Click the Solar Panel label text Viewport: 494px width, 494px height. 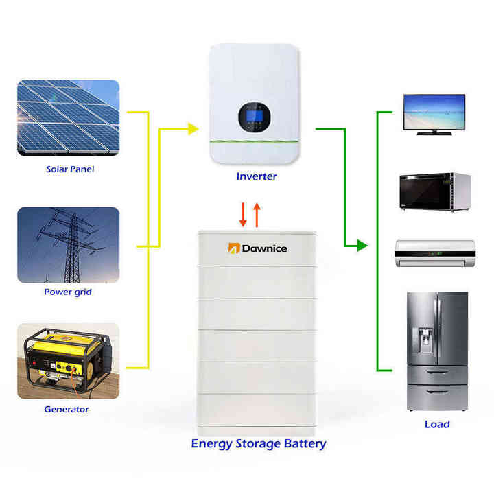tap(70, 169)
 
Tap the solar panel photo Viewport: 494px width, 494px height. tap(68, 118)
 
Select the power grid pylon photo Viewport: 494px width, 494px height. tap(68, 245)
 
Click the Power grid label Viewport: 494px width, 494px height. tap(68, 292)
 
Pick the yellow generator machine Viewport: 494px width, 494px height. tap(65, 360)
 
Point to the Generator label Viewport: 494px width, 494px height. tap(67, 410)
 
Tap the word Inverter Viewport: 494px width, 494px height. tap(257, 176)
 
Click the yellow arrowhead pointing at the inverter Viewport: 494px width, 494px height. tap(193, 128)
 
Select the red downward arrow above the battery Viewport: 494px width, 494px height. tap(243, 214)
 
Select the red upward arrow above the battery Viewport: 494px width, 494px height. tap(257, 214)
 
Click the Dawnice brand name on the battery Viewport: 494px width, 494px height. tap(266, 248)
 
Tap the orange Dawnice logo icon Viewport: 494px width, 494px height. tap(233, 247)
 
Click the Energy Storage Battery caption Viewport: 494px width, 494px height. tap(259, 443)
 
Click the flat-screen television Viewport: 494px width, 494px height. tap(434, 113)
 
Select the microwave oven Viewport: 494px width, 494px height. tap(435, 193)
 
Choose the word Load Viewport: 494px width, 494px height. tap(437, 424)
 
